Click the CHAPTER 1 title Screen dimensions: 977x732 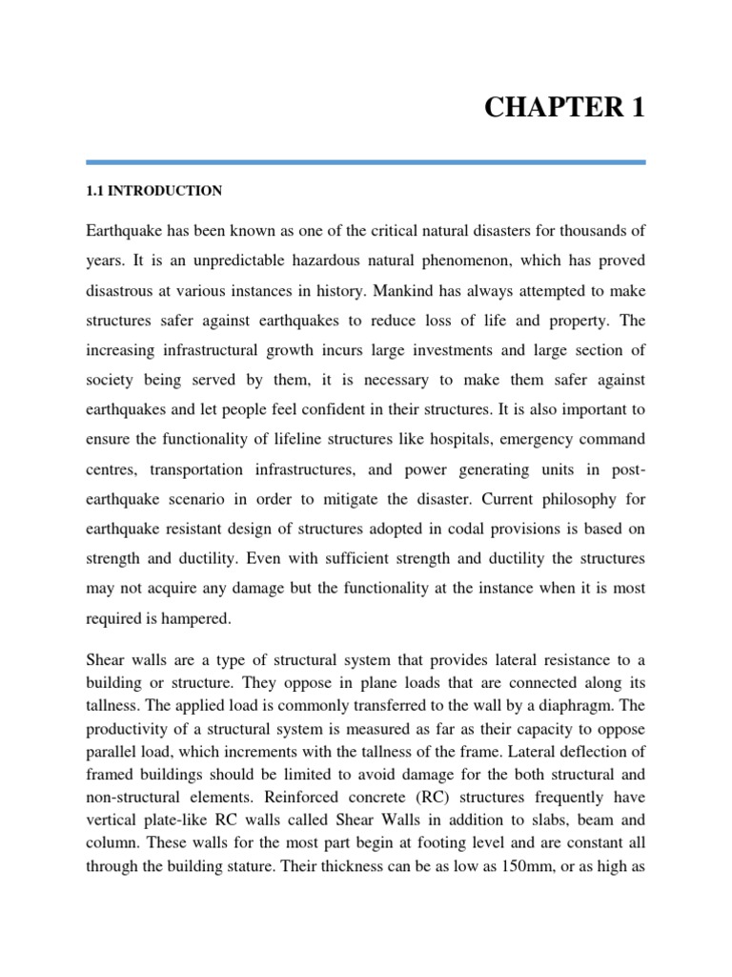click(x=565, y=108)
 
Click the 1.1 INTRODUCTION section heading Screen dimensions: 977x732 click(x=153, y=191)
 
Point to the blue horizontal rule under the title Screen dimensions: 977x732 click(x=366, y=162)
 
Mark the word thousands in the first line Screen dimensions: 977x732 click(x=591, y=230)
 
